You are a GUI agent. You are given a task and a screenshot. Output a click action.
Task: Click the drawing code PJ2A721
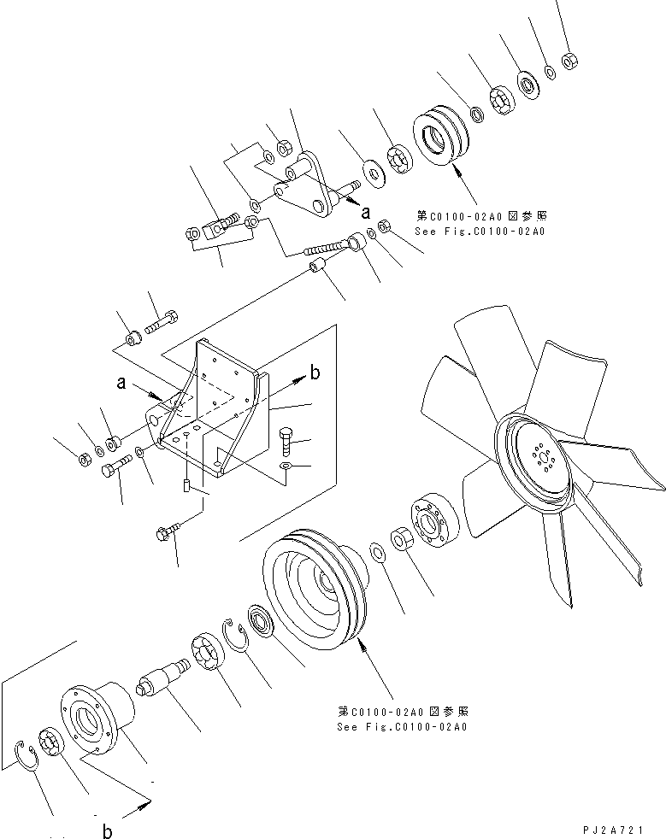tap(622, 829)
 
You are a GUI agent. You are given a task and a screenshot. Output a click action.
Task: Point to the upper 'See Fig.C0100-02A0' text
tap(480, 231)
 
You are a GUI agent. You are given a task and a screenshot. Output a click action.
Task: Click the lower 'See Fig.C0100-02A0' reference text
tap(403, 727)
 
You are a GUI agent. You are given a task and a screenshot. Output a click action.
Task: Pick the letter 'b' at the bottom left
tap(108, 830)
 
